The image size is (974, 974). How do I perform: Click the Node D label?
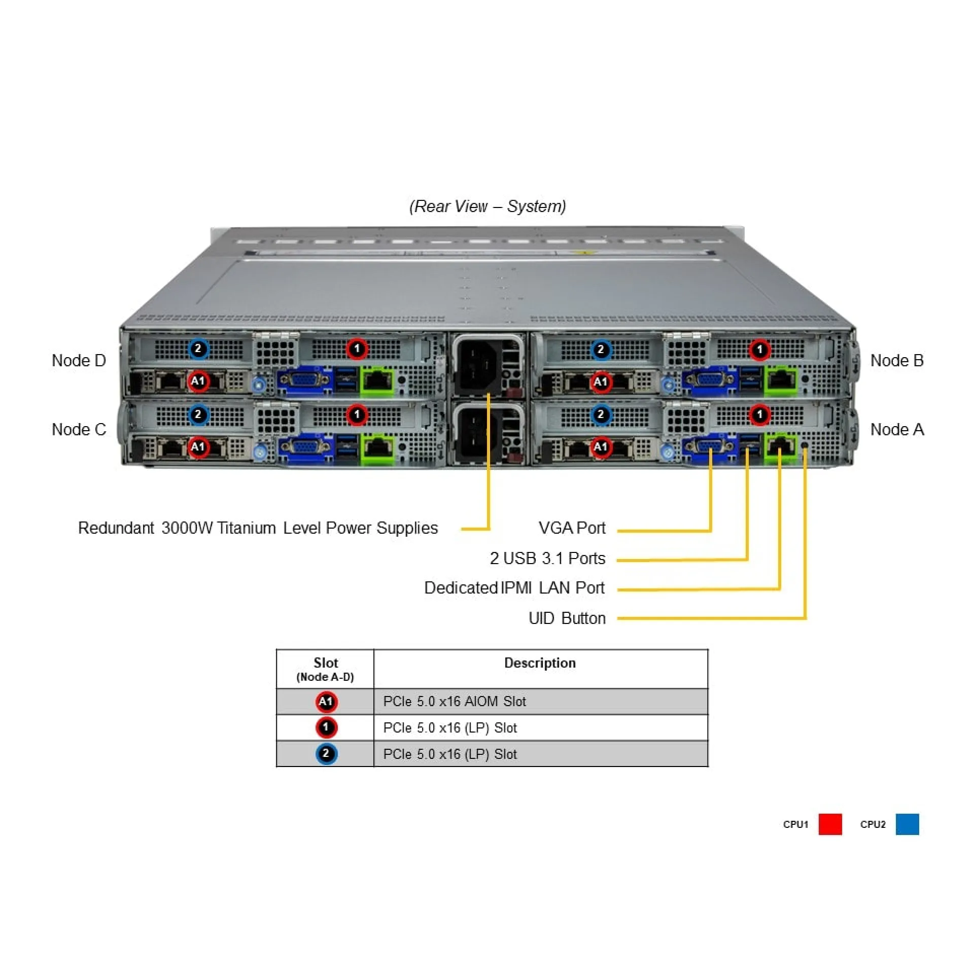pyautogui.click(x=79, y=361)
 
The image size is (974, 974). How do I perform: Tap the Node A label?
pyautogui.click(x=896, y=430)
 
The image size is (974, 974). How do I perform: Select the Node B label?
pyautogui.click(x=896, y=361)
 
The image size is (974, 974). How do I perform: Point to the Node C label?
pyautogui.click(x=79, y=430)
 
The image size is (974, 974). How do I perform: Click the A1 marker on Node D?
pyautogui.click(x=198, y=381)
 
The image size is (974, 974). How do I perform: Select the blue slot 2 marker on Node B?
pyautogui.click(x=601, y=350)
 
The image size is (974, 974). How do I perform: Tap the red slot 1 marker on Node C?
pyautogui.click(x=357, y=414)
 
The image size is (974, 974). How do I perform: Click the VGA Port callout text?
pyautogui.click(x=572, y=528)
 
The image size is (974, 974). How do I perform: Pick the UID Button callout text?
pyautogui.click(x=567, y=618)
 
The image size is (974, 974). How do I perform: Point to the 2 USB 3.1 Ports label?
pyautogui.click(x=547, y=558)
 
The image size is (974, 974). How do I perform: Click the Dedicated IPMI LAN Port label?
pyautogui.click(x=514, y=588)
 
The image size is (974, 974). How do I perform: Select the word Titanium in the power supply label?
pyautogui.click(x=247, y=528)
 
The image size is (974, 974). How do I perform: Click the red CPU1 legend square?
pyautogui.click(x=830, y=824)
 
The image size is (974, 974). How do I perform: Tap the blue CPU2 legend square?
pyautogui.click(x=907, y=824)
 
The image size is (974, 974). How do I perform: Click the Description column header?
pyautogui.click(x=540, y=663)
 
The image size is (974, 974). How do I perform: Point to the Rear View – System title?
pyautogui.click(x=488, y=206)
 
